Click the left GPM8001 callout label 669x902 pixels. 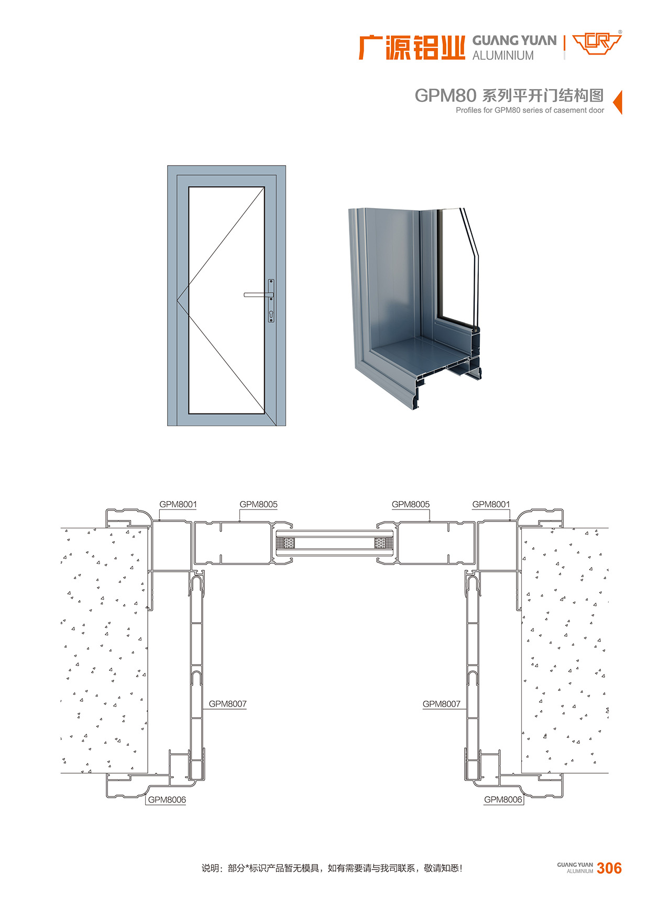click(x=178, y=504)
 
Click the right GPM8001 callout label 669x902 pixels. click(x=491, y=504)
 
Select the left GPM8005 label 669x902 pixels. click(x=259, y=504)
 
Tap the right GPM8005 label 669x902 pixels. click(x=411, y=504)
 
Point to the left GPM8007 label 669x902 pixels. click(x=228, y=704)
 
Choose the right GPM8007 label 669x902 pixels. click(x=442, y=704)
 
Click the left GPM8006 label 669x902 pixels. click(x=167, y=800)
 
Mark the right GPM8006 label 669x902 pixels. click(x=503, y=800)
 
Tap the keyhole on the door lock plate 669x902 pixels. click(x=271, y=314)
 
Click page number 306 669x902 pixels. click(x=609, y=868)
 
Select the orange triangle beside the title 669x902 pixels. click(x=617, y=102)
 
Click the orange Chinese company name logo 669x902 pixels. click(x=412, y=47)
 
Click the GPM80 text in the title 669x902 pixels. click(x=445, y=95)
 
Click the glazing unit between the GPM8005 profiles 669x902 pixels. click(x=334, y=542)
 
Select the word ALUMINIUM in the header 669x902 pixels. click(x=503, y=55)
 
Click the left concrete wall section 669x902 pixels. click(x=104, y=650)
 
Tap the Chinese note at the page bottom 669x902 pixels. click(x=332, y=868)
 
